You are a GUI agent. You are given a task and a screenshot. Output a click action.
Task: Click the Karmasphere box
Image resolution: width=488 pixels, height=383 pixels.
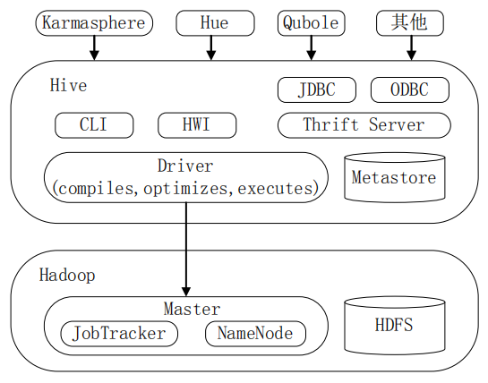[94, 23]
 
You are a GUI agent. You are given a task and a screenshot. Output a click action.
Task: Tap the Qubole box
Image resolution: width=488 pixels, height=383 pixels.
[310, 23]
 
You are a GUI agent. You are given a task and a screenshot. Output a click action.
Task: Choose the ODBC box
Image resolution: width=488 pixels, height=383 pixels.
[407, 89]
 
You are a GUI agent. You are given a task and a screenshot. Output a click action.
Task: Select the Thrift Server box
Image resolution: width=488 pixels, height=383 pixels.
[364, 124]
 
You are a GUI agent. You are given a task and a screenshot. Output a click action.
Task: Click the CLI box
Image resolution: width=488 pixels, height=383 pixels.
[93, 124]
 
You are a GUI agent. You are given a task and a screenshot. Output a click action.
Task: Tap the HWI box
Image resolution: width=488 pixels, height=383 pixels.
[196, 124]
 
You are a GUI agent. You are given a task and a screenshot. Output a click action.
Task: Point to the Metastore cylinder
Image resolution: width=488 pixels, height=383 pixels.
[394, 176]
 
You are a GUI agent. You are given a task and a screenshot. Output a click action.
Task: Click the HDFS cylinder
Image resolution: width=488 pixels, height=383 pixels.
[394, 324]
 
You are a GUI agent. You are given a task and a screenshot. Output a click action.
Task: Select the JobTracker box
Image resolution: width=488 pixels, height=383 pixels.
[119, 334]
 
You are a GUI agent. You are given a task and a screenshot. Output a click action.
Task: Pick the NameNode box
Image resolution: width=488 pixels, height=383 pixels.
[255, 334]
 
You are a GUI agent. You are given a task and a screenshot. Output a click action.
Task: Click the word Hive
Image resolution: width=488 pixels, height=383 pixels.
[69, 86]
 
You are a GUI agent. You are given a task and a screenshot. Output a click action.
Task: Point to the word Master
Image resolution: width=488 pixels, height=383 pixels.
[192, 310]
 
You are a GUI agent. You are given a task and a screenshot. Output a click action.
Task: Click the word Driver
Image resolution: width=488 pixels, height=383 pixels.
[185, 166]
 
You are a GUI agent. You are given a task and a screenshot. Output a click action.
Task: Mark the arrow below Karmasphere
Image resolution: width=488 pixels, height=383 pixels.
[94, 48]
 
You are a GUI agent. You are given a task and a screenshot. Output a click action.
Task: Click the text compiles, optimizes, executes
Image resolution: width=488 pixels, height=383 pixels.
[185, 188]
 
